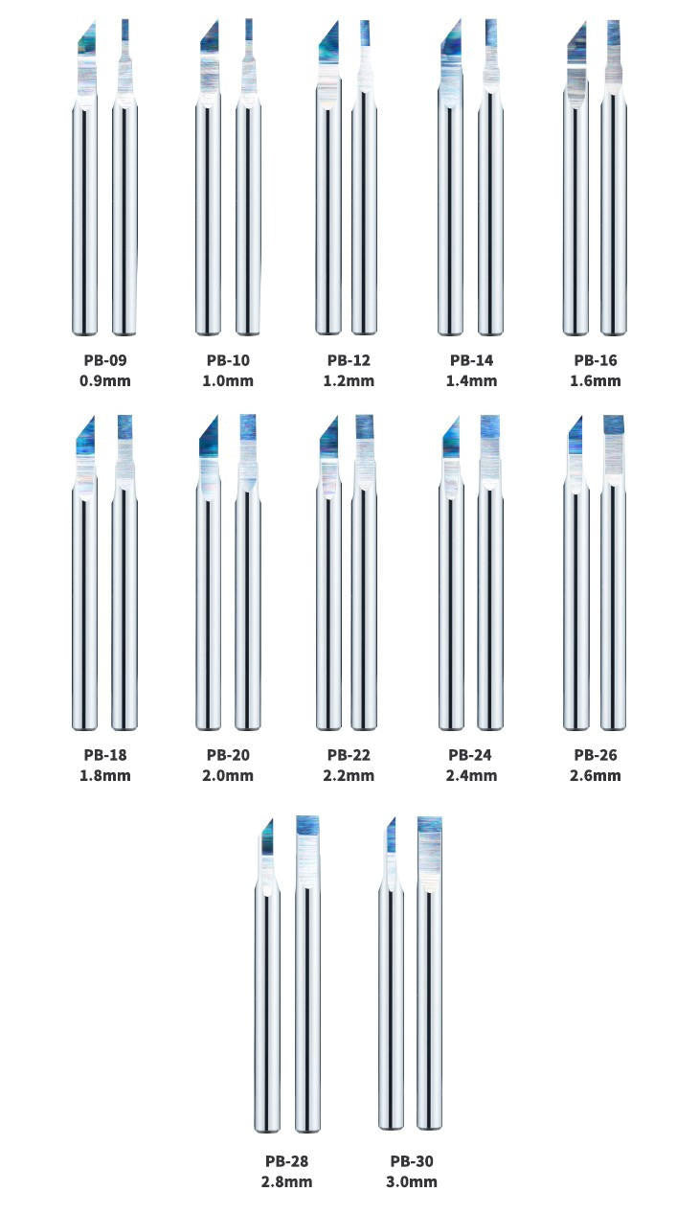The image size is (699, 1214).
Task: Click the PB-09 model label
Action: pyautogui.click(x=105, y=360)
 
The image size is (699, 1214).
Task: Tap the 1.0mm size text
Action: pyautogui.click(x=227, y=380)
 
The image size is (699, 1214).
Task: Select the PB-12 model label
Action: pyautogui.click(x=349, y=360)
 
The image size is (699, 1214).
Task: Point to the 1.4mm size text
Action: pyautogui.click(x=471, y=380)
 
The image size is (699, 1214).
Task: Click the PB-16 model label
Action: pyautogui.click(x=595, y=360)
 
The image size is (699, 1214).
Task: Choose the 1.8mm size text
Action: pyautogui.click(x=105, y=775)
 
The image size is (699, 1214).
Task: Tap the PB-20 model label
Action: pyautogui.click(x=227, y=754)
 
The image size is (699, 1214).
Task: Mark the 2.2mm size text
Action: pyautogui.click(x=349, y=775)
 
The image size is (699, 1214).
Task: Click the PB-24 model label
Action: pyautogui.click(x=469, y=754)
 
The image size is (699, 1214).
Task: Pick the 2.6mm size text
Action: pyautogui.click(x=595, y=775)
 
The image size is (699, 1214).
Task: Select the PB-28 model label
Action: pyautogui.click(x=286, y=1161)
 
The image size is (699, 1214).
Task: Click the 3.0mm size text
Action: pyautogui.click(x=412, y=1181)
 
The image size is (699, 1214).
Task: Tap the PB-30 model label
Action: pyautogui.click(x=412, y=1161)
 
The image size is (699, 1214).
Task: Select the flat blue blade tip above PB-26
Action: pyautogui.click(x=614, y=424)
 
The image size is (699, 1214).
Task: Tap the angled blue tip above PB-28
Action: pyautogui.click(x=268, y=837)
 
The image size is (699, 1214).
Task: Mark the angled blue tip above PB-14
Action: pyautogui.click(x=452, y=39)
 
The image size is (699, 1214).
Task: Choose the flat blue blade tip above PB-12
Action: pyautogui.click(x=365, y=34)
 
